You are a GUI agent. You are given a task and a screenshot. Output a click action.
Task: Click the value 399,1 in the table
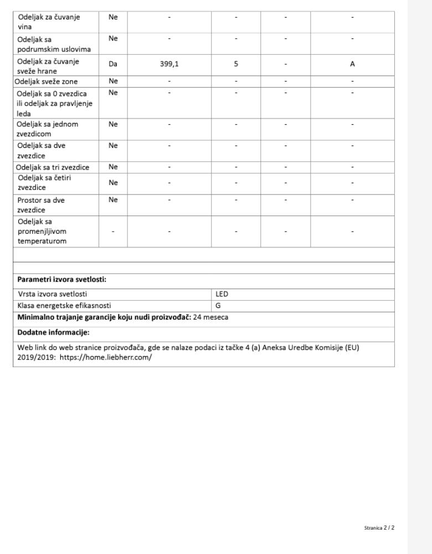169,64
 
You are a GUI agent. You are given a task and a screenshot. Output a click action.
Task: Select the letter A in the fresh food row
352,64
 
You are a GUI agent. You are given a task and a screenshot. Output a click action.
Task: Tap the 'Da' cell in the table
113,64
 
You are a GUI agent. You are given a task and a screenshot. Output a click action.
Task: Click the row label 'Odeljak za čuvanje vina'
48,22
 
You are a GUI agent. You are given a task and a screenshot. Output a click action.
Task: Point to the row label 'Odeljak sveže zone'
50,81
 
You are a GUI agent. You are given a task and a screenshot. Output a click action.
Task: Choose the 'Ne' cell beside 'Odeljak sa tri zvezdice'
113,167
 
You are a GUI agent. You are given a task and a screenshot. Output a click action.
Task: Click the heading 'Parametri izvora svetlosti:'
61,280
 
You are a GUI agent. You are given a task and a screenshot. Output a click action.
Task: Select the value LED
222,295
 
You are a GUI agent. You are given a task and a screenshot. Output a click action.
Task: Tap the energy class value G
218,305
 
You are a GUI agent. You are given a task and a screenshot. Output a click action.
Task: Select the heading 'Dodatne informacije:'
53,333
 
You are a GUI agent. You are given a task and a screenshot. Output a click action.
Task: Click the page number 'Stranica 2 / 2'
379,528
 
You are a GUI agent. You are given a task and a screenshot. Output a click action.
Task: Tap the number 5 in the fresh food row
236,64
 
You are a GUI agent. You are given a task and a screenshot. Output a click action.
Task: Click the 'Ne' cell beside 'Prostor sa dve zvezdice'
113,200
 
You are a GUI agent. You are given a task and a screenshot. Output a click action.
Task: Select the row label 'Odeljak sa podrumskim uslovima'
54,44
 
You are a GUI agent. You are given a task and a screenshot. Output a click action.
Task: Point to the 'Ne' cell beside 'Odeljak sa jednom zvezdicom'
113,124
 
